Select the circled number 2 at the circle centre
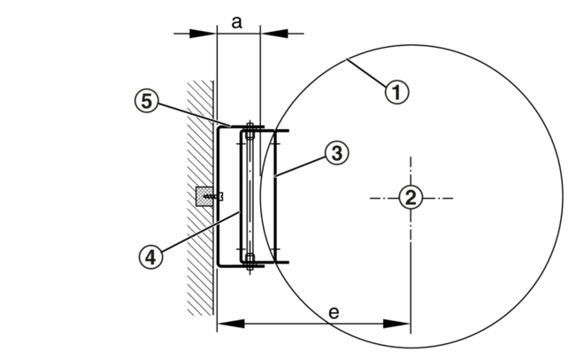click(x=409, y=196)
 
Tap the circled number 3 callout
click(x=335, y=153)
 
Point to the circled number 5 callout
click(x=150, y=103)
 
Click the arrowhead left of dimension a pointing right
click(x=209, y=34)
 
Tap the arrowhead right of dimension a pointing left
click(x=268, y=34)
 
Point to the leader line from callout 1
click(x=366, y=73)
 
